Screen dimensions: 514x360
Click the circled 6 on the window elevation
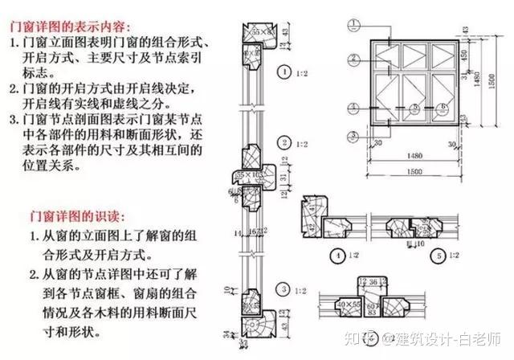(442, 106)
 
